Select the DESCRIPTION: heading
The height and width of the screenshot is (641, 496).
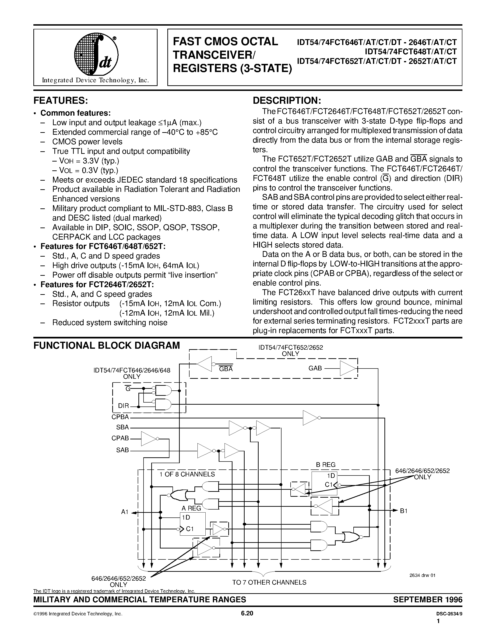coord(287,101)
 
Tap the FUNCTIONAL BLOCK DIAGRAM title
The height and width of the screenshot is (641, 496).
coord(106,345)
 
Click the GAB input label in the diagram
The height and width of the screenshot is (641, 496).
coord(315,368)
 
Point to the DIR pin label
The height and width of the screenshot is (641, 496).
coord(123,406)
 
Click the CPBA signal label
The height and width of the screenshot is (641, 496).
coord(120,417)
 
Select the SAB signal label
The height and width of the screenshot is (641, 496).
coord(123,450)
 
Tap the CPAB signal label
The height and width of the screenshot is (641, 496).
coord(120,438)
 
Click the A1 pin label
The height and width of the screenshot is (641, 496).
coord(125,512)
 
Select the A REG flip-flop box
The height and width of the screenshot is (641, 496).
coord(193,524)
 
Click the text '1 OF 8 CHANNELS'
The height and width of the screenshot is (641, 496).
coord(187,474)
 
